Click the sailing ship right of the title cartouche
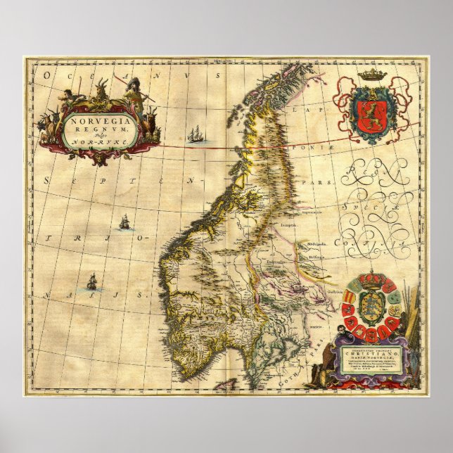[x=196, y=133]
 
